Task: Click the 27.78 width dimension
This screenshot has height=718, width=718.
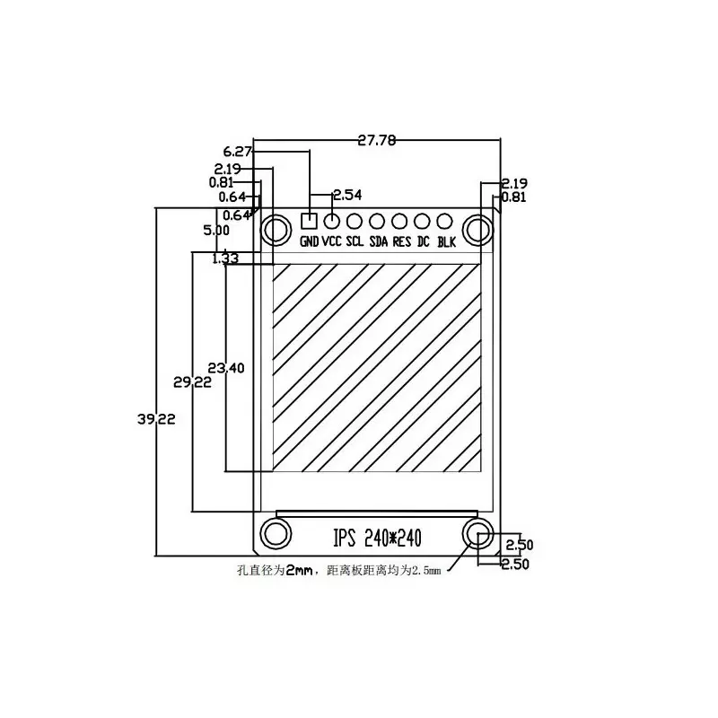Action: pos(377,140)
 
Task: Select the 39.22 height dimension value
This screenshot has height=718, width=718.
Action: pos(157,418)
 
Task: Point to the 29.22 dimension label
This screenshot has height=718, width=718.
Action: pos(192,381)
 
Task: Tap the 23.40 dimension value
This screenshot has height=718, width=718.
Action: pos(225,367)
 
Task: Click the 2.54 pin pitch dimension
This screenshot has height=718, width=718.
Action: pos(347,195)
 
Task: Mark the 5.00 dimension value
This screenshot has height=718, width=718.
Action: pos(217,231)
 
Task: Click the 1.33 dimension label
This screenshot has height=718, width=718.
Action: pos(225,258)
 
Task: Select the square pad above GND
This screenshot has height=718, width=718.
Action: pos(310,220)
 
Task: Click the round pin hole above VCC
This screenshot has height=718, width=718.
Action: pos(332,220)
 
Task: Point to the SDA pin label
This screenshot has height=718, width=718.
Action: pos(379,242)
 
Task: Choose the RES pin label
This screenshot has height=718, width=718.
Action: pos(401,242)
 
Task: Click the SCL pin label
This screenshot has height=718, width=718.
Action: pos(355,242)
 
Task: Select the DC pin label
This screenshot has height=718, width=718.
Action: pos(424,242)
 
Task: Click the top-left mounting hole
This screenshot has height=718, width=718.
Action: pos(274,230)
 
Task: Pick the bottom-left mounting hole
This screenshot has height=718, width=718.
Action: pos(274,533)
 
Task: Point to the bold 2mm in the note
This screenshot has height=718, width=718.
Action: pos(299,571)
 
